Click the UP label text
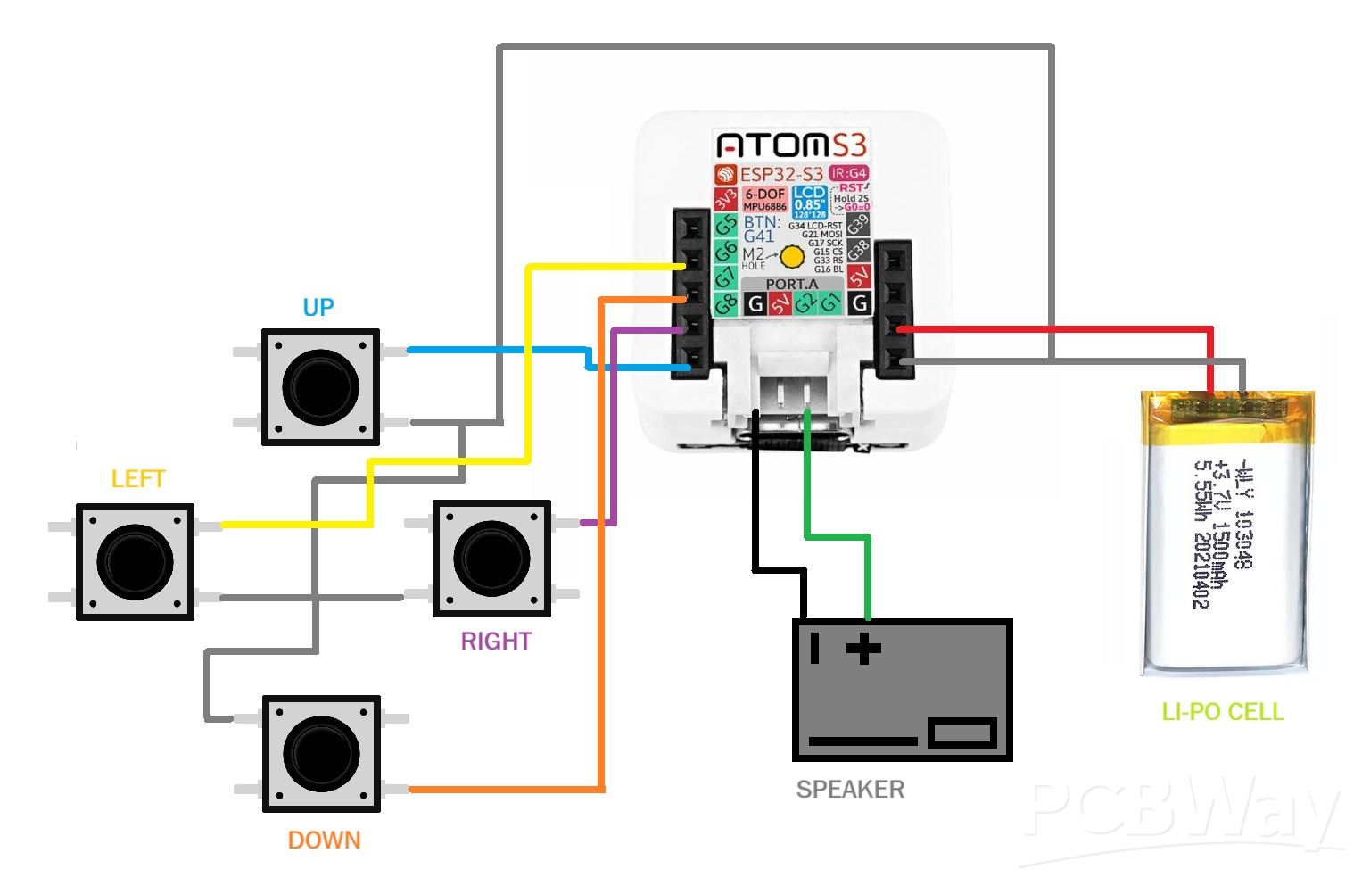click(318, 308)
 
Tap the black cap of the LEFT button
click(135, 561)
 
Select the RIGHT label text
click(496, 642)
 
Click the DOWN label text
click(324, 840)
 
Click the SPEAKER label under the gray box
click(850, 790)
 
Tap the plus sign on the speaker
click(862, 649)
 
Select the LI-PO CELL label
click(1222, 712)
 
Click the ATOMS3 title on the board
click(791, 145)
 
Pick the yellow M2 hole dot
click(792, 257)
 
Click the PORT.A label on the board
click(791, 284)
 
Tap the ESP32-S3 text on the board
click(780, 174)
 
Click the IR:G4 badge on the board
click(848, 173)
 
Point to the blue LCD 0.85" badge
click(809, 203)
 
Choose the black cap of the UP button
click(320, 387)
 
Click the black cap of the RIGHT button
click(491, 558)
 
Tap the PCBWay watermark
click(1182, 816)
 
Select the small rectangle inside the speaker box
click(961, 733)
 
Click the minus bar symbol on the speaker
click(814, 648)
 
